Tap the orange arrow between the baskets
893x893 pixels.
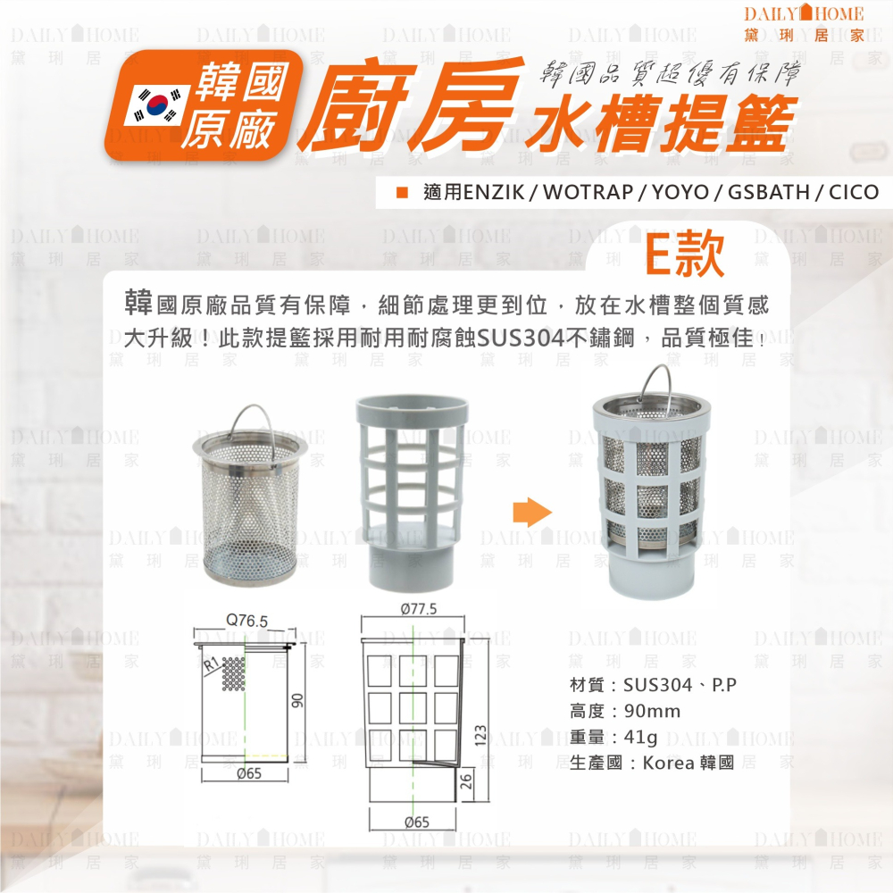[532, 513]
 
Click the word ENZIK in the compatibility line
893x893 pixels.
[494, 192]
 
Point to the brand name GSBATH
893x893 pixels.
[768, 192]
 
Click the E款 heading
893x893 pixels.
[686, 255]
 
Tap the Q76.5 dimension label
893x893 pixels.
[246, 621]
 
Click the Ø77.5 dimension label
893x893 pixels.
[419, 609]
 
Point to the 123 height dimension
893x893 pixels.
[480, 736]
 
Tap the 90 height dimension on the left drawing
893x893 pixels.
[298, 700]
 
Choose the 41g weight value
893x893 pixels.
[640, 737]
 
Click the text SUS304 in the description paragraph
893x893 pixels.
[521, 338]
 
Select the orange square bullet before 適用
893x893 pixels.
[402, 193]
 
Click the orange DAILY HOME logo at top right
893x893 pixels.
[805, 23]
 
